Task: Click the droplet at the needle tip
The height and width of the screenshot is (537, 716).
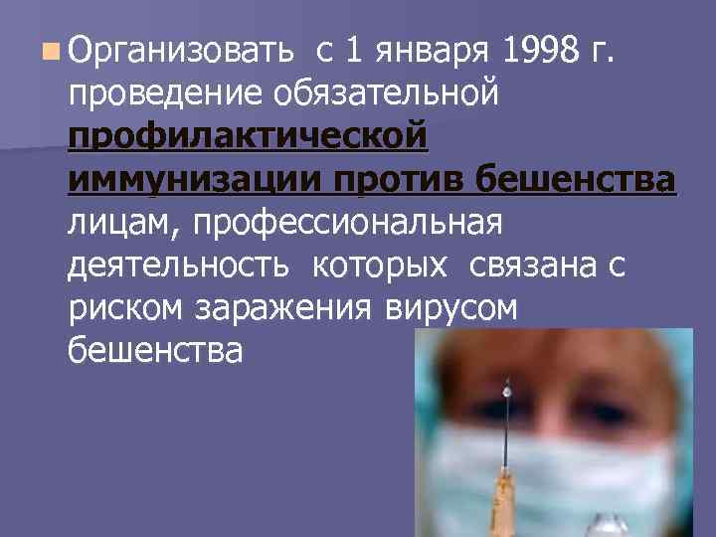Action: coord(508,392)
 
